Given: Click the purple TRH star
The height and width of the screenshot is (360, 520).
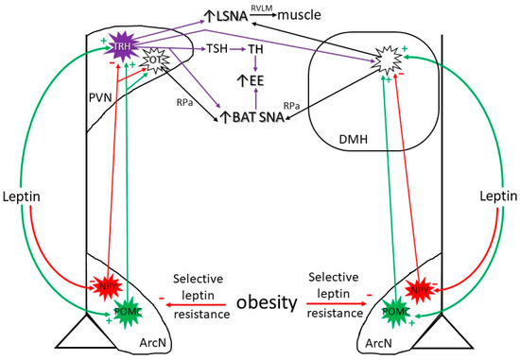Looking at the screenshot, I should [x=123, y=45].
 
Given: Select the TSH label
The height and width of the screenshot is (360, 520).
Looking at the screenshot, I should [x=218, y=47].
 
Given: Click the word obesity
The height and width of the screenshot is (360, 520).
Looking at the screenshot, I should [x=261, y=303].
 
